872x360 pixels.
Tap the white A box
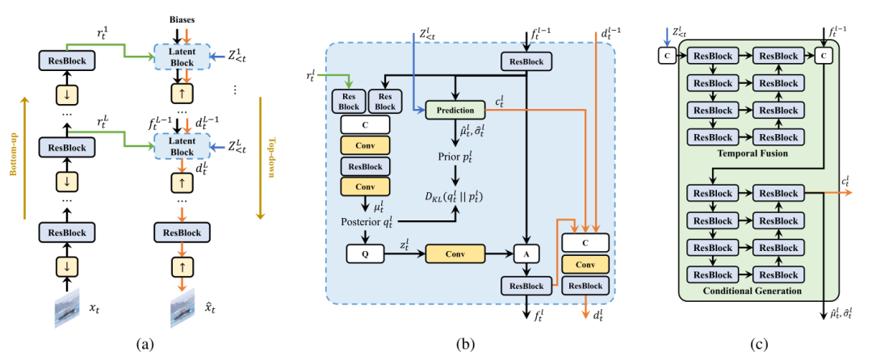click(x=526, y=253)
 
